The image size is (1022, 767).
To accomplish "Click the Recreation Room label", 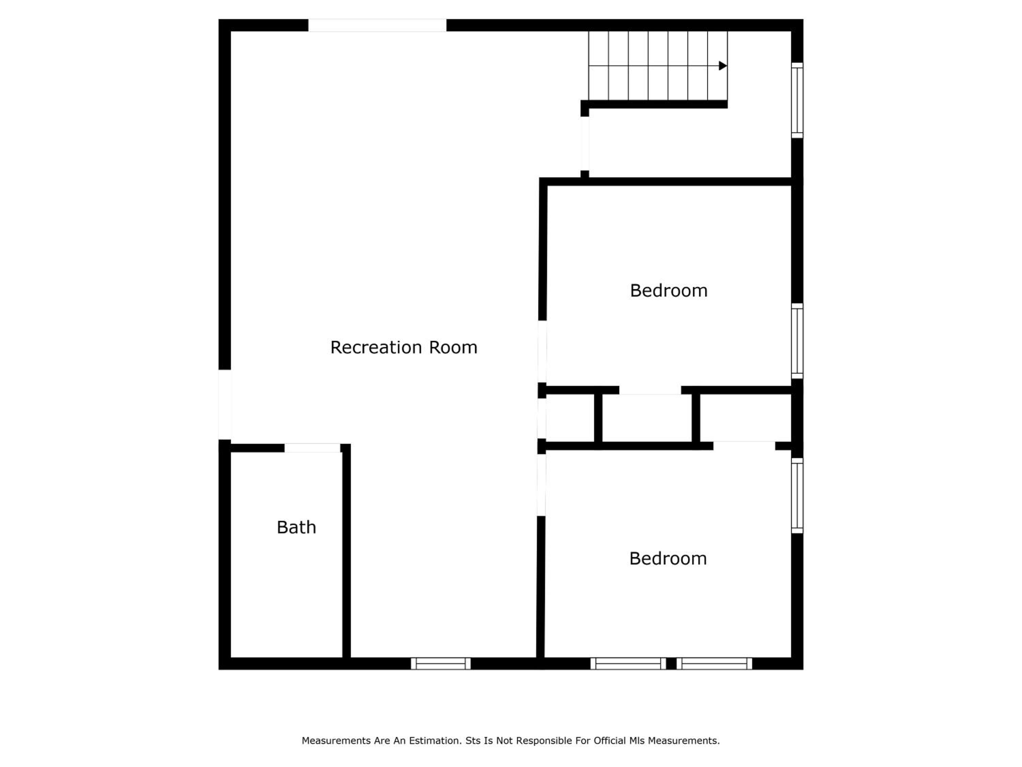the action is (403, 347).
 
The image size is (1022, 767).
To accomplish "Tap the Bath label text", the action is (296, 527).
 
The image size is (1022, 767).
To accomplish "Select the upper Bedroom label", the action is (668, 290).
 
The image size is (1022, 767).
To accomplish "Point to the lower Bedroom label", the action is (668, 558).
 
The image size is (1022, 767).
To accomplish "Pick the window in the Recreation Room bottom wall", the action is (441, 663).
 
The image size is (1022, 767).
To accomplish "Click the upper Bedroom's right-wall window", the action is (797, 341).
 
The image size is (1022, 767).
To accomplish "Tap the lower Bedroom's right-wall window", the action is (797, 496).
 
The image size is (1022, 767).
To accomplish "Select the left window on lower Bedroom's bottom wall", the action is (628, 663).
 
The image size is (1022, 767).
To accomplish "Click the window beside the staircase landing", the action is (797, 100).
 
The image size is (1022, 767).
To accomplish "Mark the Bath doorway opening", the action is (312, 448).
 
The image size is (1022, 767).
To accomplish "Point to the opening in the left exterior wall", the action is (224, 405).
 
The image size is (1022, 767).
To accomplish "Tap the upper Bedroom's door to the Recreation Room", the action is (542, 351).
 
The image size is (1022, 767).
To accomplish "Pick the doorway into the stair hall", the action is (585, 143).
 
